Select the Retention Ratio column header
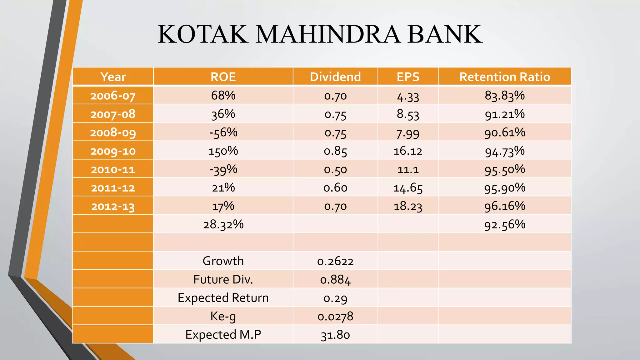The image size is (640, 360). [x=504, y=77]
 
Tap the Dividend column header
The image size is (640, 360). [x=335, y=77]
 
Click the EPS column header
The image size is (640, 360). [x=408, y=77]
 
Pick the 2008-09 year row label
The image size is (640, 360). [x=113, y=132]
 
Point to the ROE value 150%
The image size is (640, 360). [x=223, y=151]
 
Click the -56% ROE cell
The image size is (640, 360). [x=223, y=132]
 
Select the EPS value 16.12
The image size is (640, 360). [x=408, y=151]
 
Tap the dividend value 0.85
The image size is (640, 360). [x=335, y=151]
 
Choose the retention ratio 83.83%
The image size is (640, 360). [x=504, y=95]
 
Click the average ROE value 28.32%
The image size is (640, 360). [x=223, y=224]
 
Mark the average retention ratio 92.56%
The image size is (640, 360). [x=504, y=224]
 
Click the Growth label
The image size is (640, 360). [x=223, y=261]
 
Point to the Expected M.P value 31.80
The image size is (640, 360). [x=335, y=335]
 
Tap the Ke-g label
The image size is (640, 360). [x=223, y=316]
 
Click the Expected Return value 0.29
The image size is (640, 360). [x=335, y=298]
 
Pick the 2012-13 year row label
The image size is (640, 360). [x=113, y=207]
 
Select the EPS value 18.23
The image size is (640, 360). [x=408, y=206]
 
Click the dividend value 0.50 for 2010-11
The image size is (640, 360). [x=335, y=170]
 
